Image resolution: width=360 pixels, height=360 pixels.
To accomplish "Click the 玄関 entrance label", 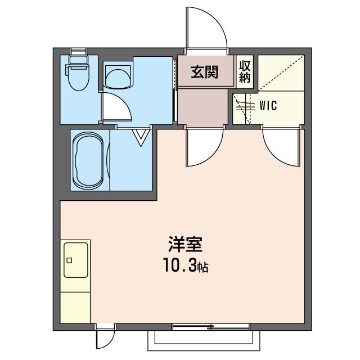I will [x=204, y=72].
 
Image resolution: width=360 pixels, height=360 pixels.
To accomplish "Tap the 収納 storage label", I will [x=245, y=71].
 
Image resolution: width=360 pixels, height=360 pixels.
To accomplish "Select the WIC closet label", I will [x=268, y=105].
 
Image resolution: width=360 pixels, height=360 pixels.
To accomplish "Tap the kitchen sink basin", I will [x=76, y=260].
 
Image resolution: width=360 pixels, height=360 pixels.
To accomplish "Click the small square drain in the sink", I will [x=70, y=260].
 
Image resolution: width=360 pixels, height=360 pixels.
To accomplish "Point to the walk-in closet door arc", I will [x=280, y=145].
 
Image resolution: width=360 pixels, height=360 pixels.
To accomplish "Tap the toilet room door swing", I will [x=118, y=106].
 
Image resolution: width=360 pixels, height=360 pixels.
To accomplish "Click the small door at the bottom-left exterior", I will [x=105, y=337].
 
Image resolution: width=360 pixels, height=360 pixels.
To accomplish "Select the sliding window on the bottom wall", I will [x=211, y=326].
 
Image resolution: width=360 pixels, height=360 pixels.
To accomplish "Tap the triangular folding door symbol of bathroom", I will [x=141, y=136].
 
